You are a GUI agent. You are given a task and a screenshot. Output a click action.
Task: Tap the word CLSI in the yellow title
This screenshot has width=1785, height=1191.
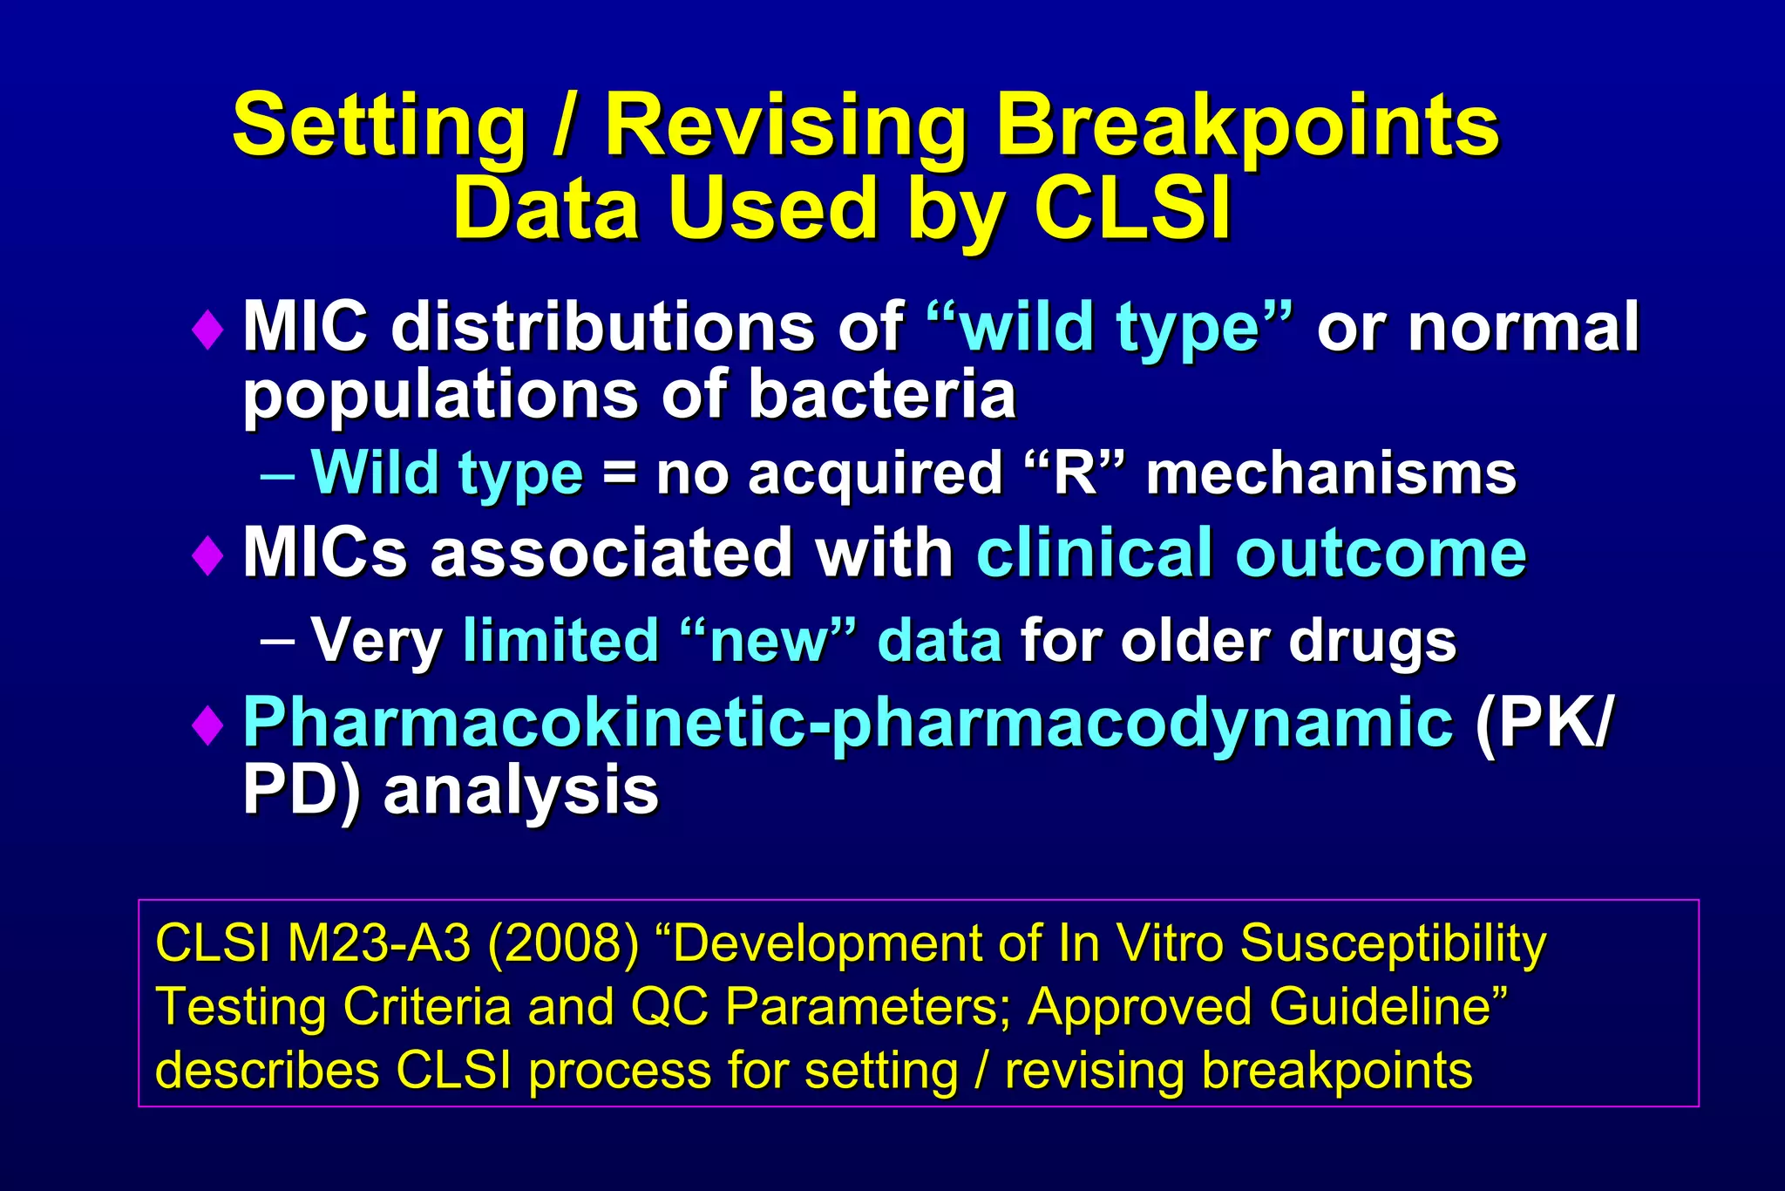coord(1132,209)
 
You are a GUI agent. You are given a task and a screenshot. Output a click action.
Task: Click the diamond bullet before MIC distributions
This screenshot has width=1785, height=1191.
coord(207,330)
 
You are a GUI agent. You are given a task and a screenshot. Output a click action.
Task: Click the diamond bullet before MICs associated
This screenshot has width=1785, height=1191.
coord(207,555)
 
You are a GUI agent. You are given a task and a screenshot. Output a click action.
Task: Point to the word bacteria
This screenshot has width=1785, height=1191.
coord(881,394)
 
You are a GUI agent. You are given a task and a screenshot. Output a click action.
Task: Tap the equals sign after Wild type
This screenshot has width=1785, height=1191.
coord(619,475)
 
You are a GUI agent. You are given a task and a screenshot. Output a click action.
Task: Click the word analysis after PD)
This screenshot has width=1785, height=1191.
coord(520,792)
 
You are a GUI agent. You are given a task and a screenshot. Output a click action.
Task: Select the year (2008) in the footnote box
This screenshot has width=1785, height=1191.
coord(563,943)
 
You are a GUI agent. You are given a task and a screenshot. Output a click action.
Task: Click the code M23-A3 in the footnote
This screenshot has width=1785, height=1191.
coord(379,943)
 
